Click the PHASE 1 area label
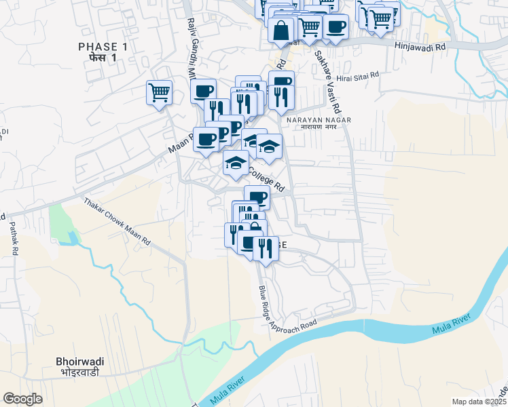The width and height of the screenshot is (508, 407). click(x=103, y=46)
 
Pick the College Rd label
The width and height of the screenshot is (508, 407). click(x=265, y=180)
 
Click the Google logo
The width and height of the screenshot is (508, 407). click(x=22, y=399)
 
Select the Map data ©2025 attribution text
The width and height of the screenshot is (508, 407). click(x=479, y=402)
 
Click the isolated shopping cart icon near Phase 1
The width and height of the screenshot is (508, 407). click(x=159, y=92)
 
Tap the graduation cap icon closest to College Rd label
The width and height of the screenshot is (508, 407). click(x=236, y=163)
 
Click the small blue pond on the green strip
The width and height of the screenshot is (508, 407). click(x=71, y=238)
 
